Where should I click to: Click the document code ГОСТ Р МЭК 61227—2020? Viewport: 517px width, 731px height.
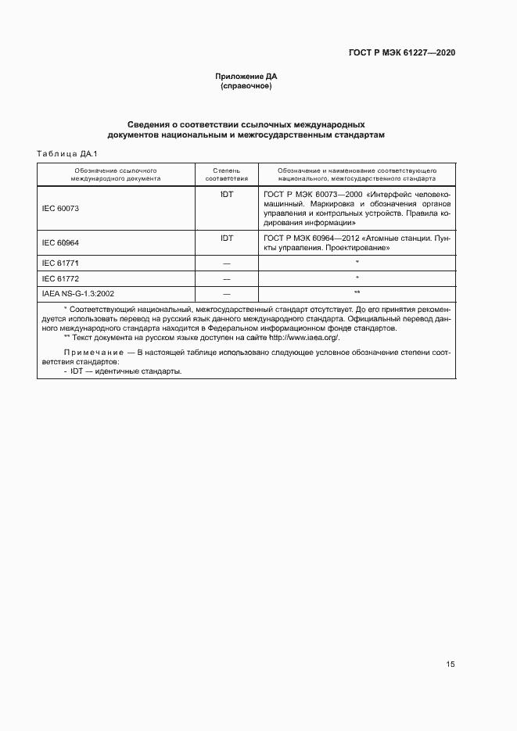coord(402,52)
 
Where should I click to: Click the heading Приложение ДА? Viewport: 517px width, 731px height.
coord(246,77)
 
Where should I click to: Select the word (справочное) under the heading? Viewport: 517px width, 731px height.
coord(246,86)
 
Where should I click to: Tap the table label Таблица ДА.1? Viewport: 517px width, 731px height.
coord(66,153)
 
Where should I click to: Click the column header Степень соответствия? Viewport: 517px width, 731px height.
coord(227,174)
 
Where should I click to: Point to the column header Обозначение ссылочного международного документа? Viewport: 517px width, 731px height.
coord(117,174)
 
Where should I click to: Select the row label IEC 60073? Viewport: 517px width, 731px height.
coord(60,209)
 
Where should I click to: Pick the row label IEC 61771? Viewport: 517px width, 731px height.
coord(60,263)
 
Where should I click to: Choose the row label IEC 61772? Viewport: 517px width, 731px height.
coord(60,278)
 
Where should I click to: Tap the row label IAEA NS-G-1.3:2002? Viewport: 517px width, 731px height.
coord(79,293)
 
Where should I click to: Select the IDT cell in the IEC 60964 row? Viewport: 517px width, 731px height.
coord(227,238)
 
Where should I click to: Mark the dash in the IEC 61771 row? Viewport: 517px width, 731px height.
coord(227,263)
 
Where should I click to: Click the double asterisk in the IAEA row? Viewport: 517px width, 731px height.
coord(357,293)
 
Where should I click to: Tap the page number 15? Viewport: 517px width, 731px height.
coord(450,665)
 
